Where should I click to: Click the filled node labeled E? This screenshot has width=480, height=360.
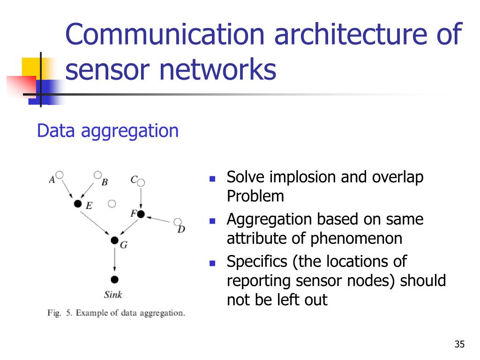(x=78, y=203)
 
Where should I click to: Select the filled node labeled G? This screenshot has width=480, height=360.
(x=114, y=240)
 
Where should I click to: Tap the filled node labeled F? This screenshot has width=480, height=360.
(x=141, y=214)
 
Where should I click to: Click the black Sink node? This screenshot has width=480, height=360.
(x=114, y=279)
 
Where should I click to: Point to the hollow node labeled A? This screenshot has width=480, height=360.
(x=60, y=175)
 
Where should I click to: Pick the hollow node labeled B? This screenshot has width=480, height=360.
(x=97, y=175)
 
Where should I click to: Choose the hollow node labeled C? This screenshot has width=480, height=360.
(x=141, y=182)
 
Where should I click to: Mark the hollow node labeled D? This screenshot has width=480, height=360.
(x=178, y=222)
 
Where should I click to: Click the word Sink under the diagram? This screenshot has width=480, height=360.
(x=113, y=295)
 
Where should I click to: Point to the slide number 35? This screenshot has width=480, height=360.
(x=459, y=345)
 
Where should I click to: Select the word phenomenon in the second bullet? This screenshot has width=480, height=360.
(x=356, y=239)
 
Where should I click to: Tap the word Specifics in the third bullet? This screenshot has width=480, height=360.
(x=257, y=261)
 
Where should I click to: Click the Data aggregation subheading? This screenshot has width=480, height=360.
(x=108, y=131)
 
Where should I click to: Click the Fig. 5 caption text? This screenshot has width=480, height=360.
(x=116, y=313)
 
